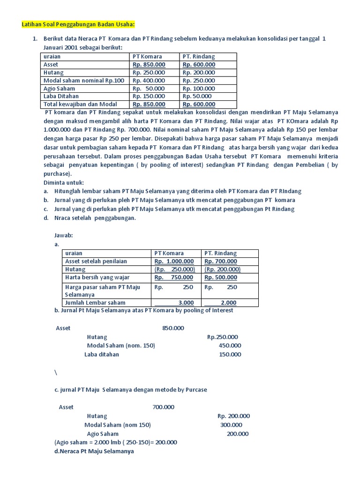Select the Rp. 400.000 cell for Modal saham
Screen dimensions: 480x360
pos(149,81)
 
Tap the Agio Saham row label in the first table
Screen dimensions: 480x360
pos(59,89)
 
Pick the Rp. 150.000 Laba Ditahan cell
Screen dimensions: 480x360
pos(149,97)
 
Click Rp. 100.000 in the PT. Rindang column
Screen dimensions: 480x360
pos(199,89)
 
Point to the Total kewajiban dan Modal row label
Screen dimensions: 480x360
pos(80,105)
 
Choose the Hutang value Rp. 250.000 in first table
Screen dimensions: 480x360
pos(149,73)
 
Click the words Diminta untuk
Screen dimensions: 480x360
pos(63,183)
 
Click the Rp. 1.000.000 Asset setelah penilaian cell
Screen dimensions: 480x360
pos(174,262)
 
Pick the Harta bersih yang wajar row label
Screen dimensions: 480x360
pos(97,277)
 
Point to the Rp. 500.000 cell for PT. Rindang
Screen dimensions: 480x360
pos(221,277)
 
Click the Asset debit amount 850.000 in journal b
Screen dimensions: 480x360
pos(173,328)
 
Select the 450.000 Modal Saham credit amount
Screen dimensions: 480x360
pos(230,345)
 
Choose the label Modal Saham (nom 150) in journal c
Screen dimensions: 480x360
pos(118,425)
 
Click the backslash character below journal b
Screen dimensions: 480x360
pos(56,372)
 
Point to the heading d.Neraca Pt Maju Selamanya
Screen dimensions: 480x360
pos(94,451)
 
